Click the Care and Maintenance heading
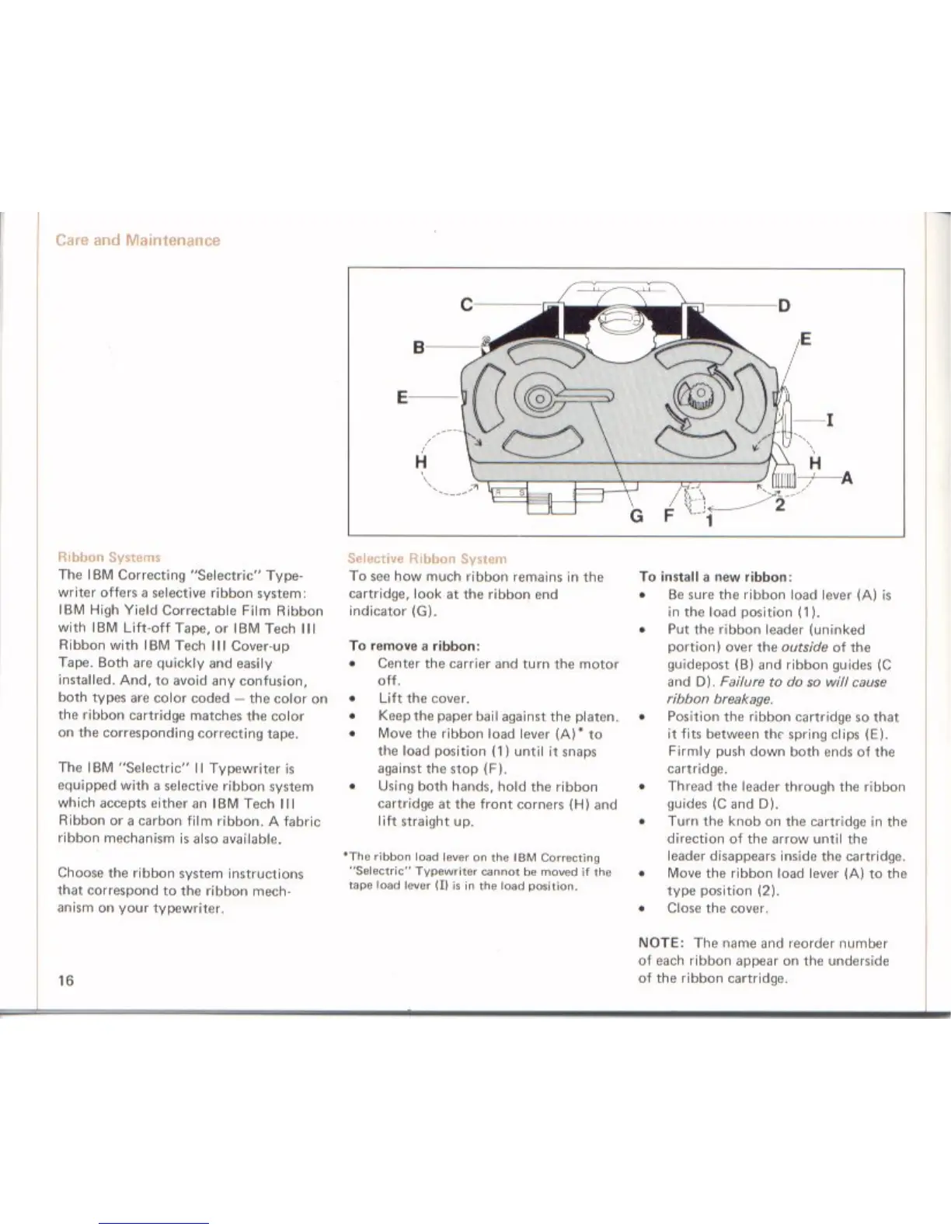click(138, 240)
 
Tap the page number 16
click(66, 980)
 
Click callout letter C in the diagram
click(466, 305)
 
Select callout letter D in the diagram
click(784, 305)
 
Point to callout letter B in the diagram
click(418, 348)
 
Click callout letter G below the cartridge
click(636, 516)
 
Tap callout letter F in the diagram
click(667, 516)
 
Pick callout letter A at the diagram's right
click(847, 479)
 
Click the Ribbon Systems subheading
click(109, 557)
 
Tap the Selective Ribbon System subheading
click(427, 558)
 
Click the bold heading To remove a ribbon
click(414, 645)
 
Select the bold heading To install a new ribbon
click(715, 577)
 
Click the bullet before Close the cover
click(643, 908)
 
